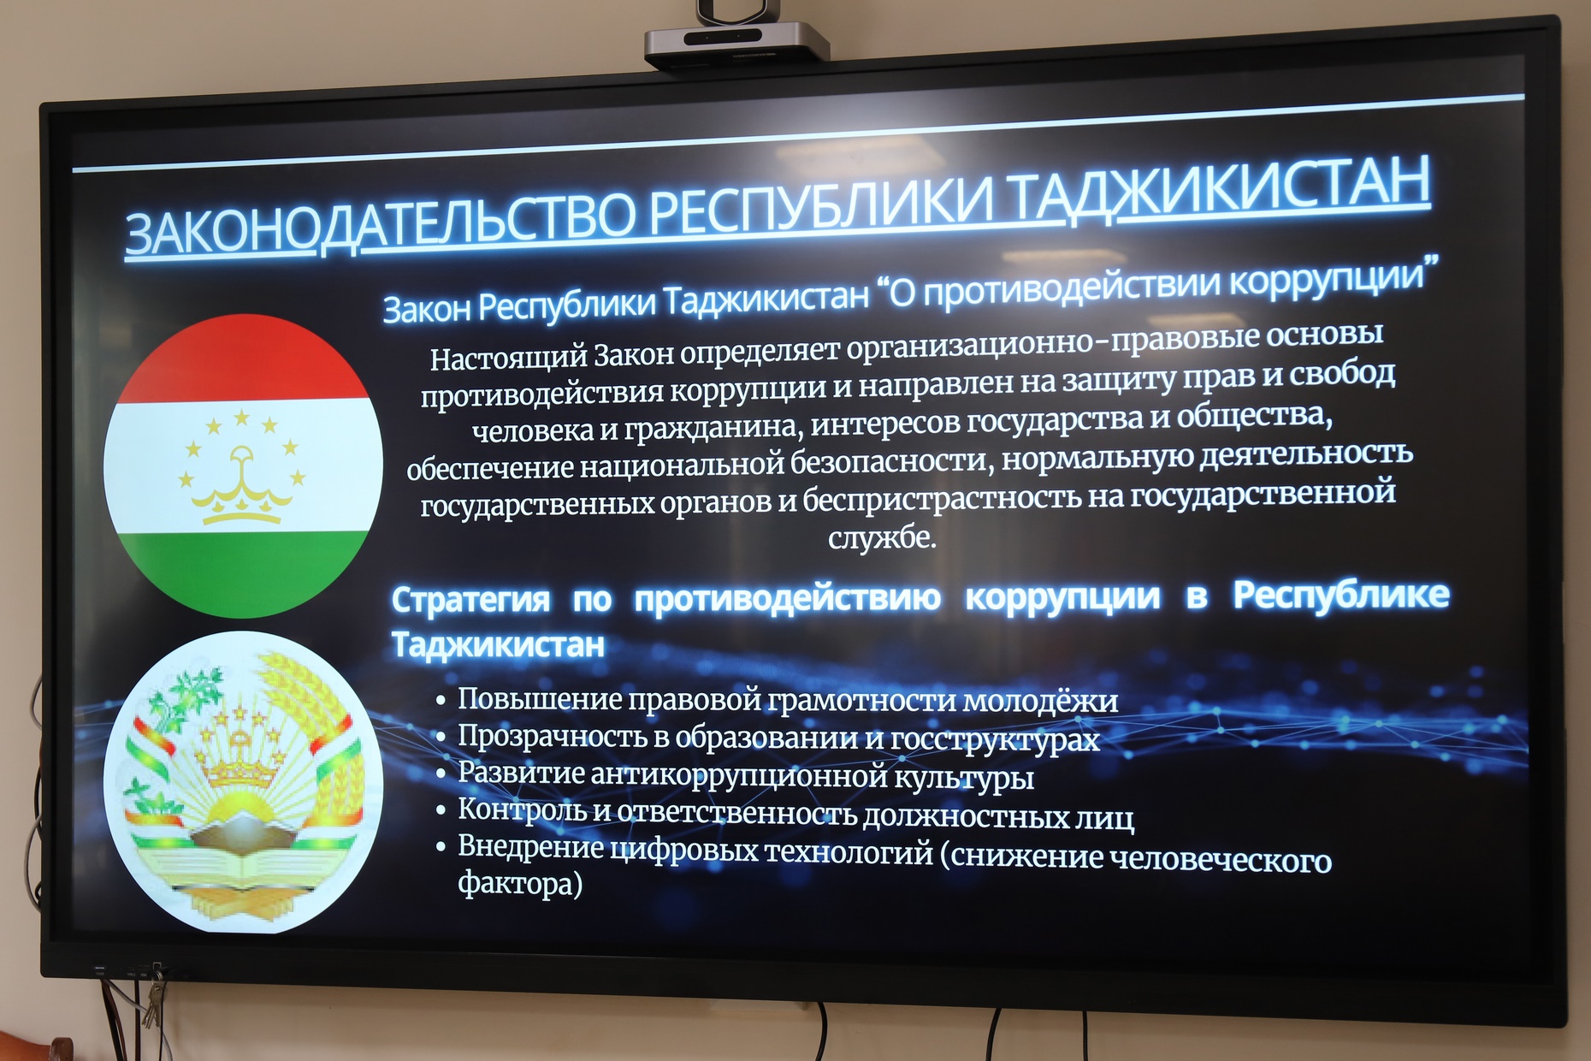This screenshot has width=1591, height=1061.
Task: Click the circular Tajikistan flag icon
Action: click(x=243, y=465)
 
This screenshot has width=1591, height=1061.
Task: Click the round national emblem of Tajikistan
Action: click(x=243, y=782)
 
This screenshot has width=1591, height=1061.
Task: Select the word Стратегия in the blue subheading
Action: click(x=470, y=600)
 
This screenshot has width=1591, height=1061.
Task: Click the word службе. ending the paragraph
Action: click(x=882, y=538)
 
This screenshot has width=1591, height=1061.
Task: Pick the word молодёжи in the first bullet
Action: click(x=1039, y=701)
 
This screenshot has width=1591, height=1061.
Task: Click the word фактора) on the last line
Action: click(x=520, y=883)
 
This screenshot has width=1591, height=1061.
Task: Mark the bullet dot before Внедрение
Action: click(x=441, y=847)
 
